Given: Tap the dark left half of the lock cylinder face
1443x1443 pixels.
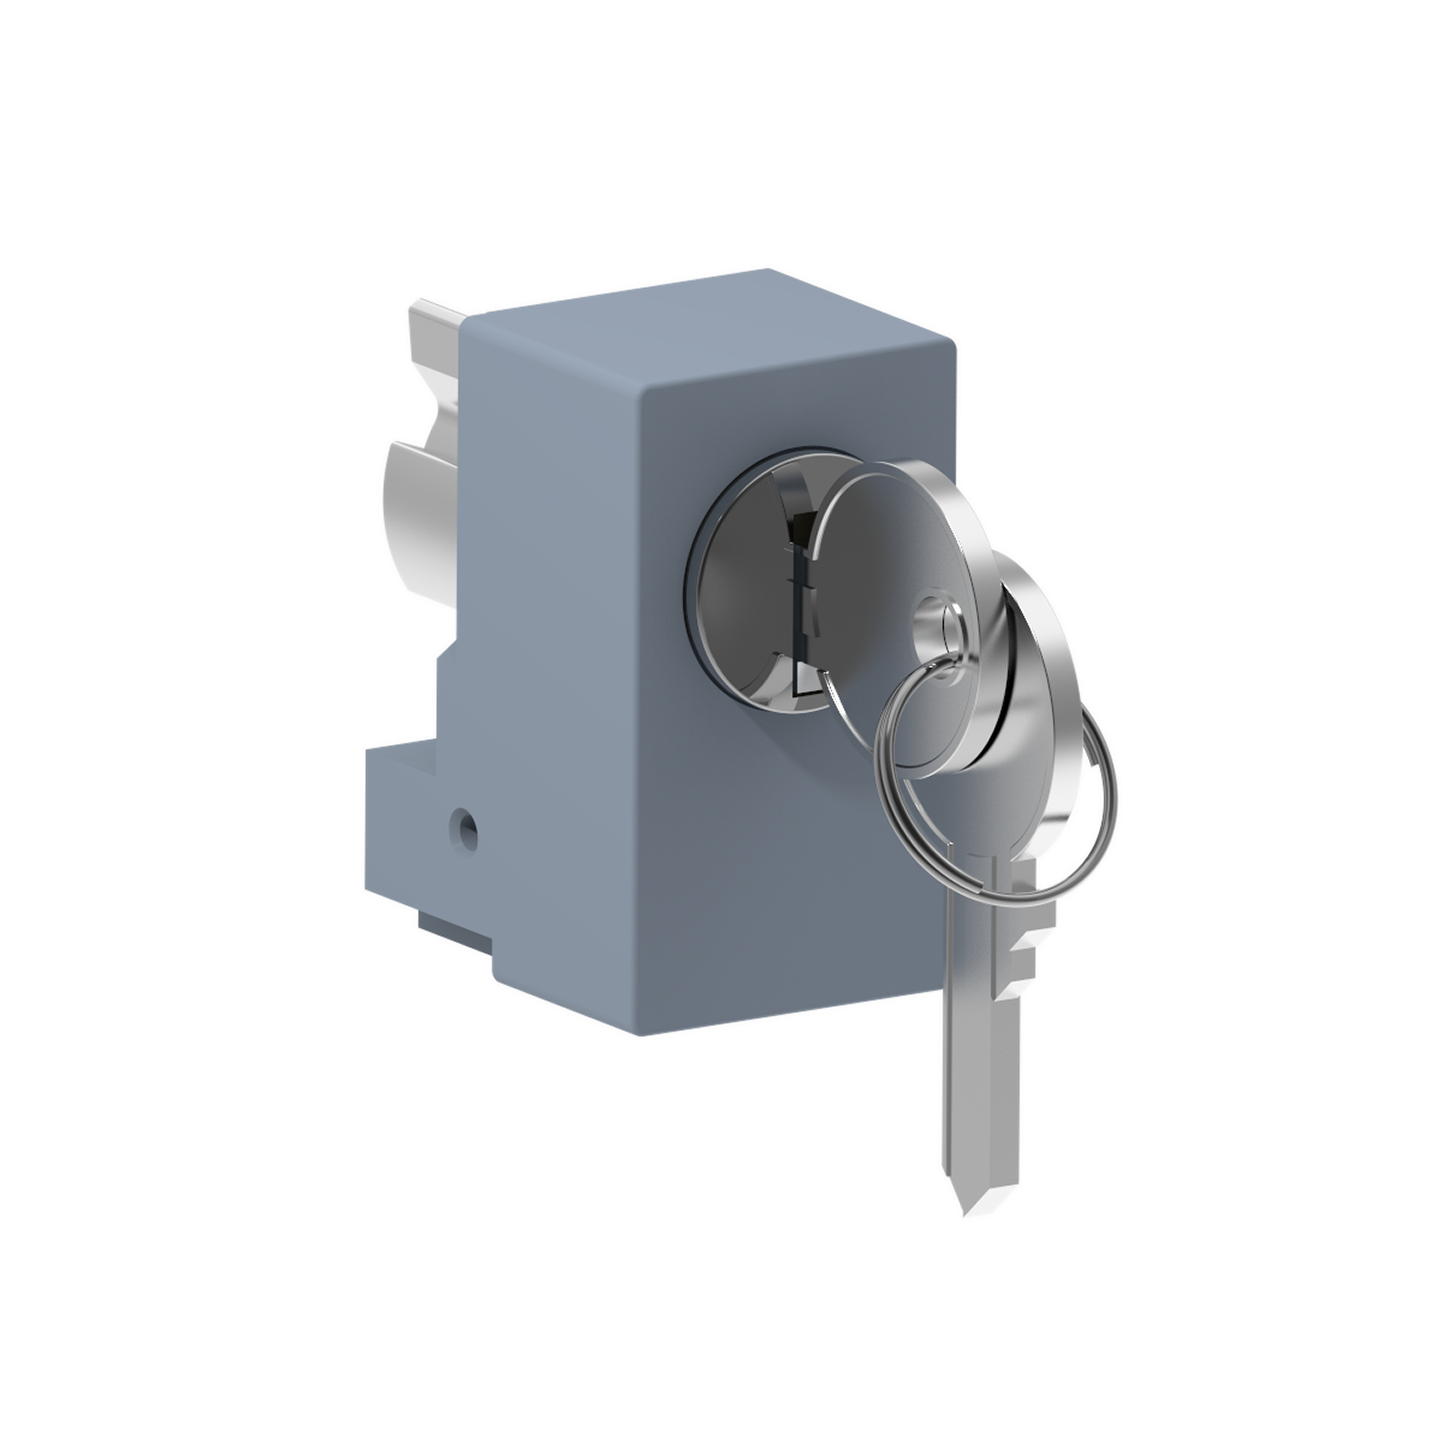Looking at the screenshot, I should click(736, 590).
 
